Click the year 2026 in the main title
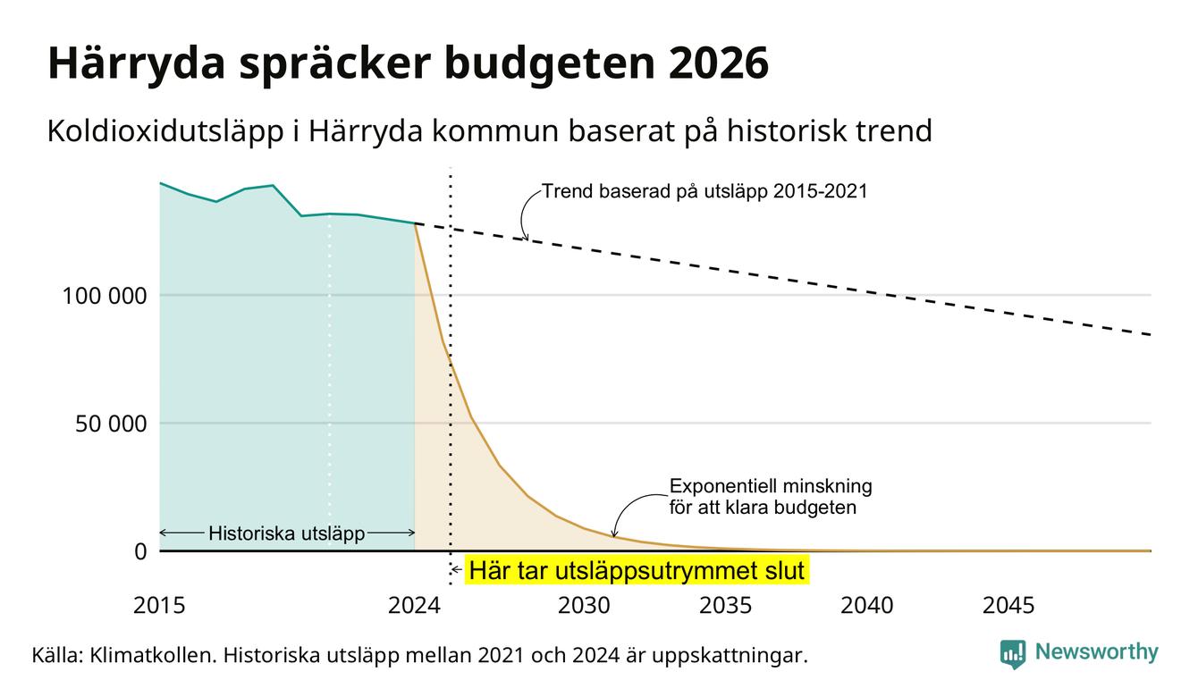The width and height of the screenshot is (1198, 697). coord(718,63)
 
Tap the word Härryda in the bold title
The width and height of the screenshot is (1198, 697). coord(137,63)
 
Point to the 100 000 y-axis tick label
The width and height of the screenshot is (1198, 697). coord(105,296)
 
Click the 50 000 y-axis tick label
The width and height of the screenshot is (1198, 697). coord(111,424)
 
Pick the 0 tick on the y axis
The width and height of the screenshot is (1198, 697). coord(140,551)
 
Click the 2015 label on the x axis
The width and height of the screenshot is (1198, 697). coord(159,606)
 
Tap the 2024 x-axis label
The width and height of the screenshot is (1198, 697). coord(414,606)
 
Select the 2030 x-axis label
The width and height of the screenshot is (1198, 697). coord(584,606)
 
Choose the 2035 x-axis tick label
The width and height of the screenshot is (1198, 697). coord(726,606)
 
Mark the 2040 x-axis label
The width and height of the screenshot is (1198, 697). coord(867,606)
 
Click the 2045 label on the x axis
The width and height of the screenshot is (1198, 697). coord(1008,606)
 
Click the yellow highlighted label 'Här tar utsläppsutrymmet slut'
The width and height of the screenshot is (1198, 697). coord(637,570)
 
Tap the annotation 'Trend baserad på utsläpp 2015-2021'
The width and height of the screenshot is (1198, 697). coord(704,191)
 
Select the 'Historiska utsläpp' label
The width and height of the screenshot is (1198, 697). coord(287,533)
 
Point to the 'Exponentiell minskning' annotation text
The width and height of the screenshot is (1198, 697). coord(771,486)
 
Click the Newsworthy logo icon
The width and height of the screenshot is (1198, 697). coord(1013,654)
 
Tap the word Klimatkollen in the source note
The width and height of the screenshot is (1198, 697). coord(153,655)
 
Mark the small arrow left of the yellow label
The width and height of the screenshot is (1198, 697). coord(456,570)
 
